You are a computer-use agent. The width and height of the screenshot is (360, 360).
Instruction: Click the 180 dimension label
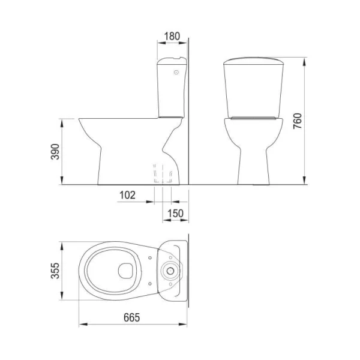click(172, 36)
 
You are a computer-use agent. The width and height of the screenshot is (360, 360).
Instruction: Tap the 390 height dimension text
click(55, 152)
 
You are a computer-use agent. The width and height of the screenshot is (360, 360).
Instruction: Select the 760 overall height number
click(298, 121)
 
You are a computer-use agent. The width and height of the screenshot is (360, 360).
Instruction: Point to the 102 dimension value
click(127, 195)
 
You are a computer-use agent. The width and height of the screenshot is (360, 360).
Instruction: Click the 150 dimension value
click(175, 214)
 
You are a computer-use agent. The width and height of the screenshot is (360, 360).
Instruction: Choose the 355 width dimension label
click(55, 271)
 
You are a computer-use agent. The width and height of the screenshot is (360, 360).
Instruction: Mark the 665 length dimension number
click(131, 317)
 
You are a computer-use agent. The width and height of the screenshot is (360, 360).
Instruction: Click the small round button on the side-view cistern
click(176, 73)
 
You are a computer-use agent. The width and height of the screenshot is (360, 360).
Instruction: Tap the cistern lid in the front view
click(253, 61)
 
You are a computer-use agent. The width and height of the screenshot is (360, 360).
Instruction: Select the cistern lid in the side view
click(172, 61)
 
